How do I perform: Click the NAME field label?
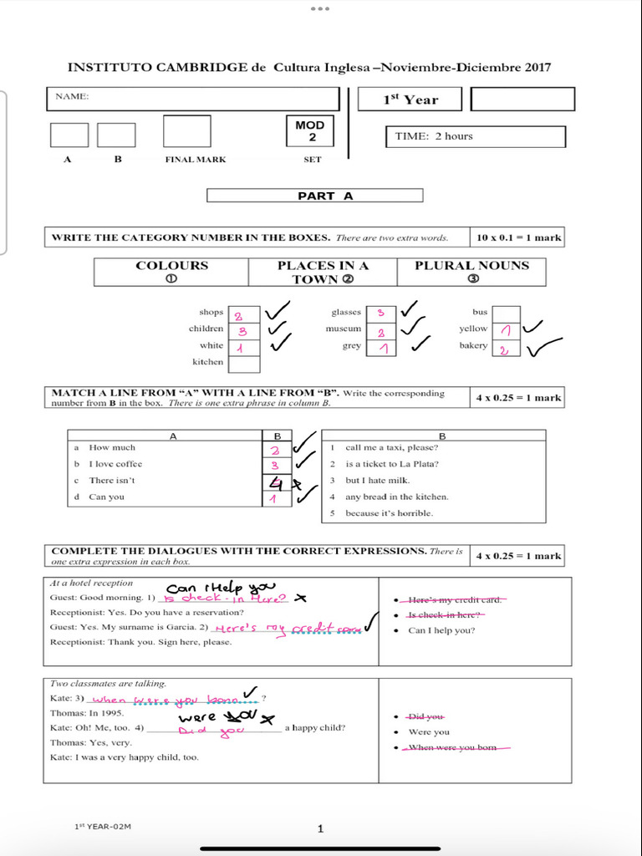point(72,97)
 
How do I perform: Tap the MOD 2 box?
point(310,131)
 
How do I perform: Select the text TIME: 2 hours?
point(434,136)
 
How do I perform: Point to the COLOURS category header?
point(171,272)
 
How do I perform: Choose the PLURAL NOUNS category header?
point(472,272)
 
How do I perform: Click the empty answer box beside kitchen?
point(244,363)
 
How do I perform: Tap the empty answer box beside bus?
point(506,313)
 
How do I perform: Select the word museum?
point(344,329)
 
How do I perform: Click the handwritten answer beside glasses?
point(381,313)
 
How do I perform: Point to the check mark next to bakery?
point(543,346)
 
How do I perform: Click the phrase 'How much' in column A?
point(112,448)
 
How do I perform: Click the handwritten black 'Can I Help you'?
point(221,588)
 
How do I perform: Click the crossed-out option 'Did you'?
point(426,716)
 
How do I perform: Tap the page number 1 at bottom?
point(320,828)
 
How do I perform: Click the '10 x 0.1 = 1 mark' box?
point(517,237)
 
